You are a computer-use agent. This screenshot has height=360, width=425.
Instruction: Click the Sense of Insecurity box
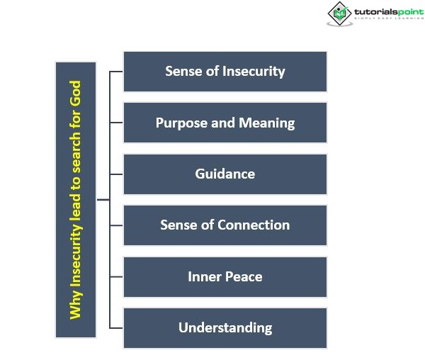pyautogui.click(x=225, y=72)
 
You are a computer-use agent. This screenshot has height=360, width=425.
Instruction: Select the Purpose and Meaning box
pyautogui.click(x=225, y=123)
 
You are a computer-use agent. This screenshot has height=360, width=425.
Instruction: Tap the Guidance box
pyautogui.click(x=225, y=174)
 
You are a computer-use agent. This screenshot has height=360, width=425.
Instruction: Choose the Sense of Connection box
pyautogui.click(x=225, y=225)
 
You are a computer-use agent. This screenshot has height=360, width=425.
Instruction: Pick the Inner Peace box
pyautogui.click(x=225, y=276)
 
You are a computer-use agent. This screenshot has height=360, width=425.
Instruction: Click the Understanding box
pyautogui.click(x=225, y=327)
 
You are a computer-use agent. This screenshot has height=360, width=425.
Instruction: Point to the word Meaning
pyautogui.click(x=266, y=123)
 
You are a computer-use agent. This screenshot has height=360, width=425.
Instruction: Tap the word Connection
pyautogui.click(x=254, y=225)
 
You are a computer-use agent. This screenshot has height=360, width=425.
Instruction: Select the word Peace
pyautogui.click(x=244, y=276)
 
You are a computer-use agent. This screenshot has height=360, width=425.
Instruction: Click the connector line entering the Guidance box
pyautogui.click(x=117, y=174)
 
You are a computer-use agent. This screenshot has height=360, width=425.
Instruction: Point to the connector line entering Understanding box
pyautogui.click(x=117, y=327)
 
